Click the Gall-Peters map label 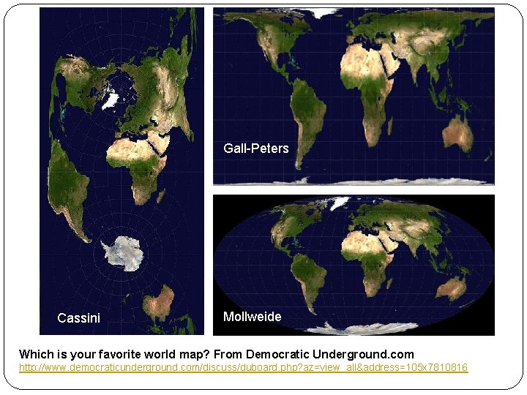click(x=255, y=148)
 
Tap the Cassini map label click(x=78, y=317)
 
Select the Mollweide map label click(x=252, y=317)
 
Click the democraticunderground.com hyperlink click(x=243, y=366)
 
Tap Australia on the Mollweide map click(x=454, y=287)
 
